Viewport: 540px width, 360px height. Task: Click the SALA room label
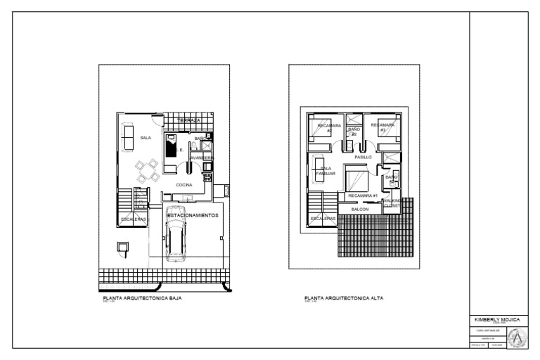pos(146,138)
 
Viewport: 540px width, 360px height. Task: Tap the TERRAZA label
pos(189,121)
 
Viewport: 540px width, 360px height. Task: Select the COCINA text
pos(184,185)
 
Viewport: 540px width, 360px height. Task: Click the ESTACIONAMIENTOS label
pos(193,214)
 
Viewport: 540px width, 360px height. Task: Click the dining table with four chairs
pos(148,169)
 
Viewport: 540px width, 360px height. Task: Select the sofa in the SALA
pos(128,136)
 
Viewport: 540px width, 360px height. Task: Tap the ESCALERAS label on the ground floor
pos(134,219)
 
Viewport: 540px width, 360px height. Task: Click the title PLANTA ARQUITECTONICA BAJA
pos(143,298)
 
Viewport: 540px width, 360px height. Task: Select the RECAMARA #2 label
pos(329,127)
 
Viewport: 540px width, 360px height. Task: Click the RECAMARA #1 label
pos(364,195)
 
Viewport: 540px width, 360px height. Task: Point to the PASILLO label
pos(363,157)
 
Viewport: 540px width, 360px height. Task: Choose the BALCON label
pos(360,210)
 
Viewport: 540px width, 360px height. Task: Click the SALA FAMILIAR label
pos(326,170)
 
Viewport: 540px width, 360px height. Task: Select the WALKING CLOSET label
pos(392,203)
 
